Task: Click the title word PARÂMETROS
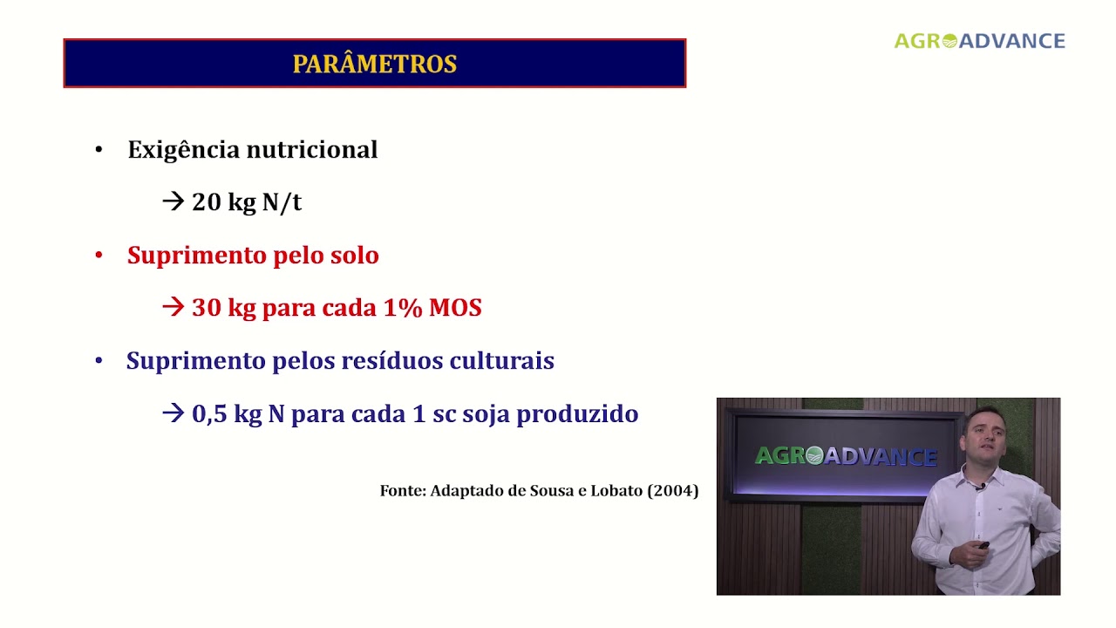[374, 65]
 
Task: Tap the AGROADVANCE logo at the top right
[979, 41]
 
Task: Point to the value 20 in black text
[207, 202]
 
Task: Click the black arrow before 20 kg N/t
[174, 202]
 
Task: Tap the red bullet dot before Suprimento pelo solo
[99, 256]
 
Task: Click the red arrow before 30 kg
[174, 308]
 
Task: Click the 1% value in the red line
[403, 308]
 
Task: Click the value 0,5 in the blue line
[209, 414]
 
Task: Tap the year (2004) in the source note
[672, 491]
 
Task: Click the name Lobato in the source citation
[616, 491]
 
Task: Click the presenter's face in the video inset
[987, 436]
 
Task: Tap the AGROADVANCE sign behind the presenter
[845, 455]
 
